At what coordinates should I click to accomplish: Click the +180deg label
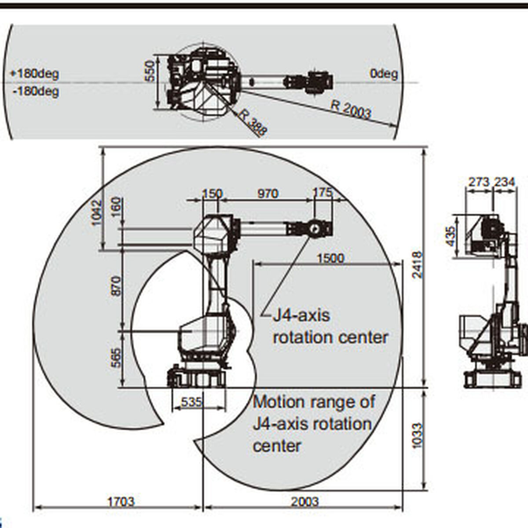[x=34, y=73]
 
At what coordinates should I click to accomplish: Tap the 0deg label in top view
[x=384, y=73]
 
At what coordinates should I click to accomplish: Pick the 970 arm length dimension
[x=267, y=193]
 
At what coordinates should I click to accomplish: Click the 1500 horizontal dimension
[x=330, y=258]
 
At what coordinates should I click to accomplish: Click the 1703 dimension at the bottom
[x=121, y=501]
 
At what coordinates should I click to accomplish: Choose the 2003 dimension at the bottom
[x=304, y=501]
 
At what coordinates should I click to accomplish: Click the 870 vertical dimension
[x=115, y=286]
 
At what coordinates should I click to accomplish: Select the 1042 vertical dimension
[x=96, y=213]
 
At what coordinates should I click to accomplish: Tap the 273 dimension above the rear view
[x=478, y=181]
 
